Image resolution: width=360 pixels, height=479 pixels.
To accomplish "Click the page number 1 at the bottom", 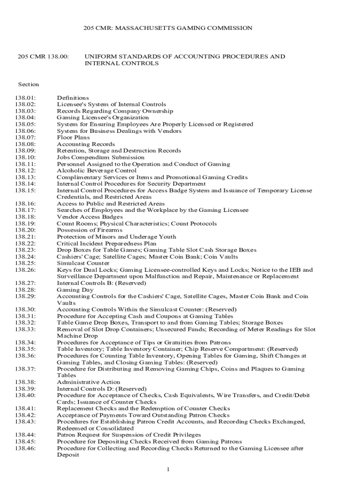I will tap(167, 469).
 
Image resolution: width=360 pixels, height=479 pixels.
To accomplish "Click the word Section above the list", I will tap(29, 84).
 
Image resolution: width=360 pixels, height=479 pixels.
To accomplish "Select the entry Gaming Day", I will tap(75, 290).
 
